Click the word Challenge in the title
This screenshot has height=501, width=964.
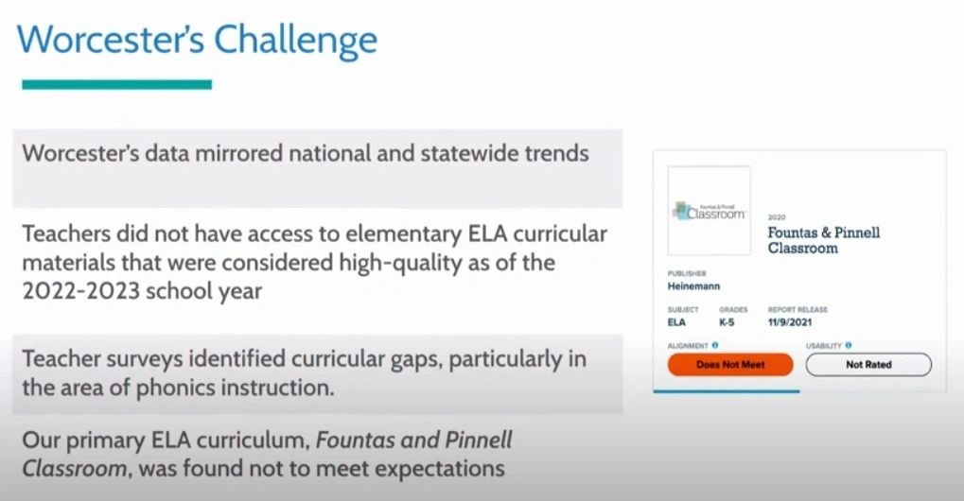tap(295, 42)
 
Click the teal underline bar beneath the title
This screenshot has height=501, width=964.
tap(116, 85)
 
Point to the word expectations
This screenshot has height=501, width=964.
tap(440, 470)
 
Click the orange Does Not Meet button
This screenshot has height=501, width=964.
tap(730, 365)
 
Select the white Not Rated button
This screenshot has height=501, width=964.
tap(868, 365)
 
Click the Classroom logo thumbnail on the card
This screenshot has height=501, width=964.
tap(710, 211)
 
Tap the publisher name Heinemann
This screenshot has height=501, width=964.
tap(693, 286)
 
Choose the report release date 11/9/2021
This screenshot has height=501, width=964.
tap(789, 322)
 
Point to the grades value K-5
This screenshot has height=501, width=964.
tap(727, 322)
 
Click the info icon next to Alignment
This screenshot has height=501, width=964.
tap(715, 346)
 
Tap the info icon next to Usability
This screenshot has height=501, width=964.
tap(849, 346)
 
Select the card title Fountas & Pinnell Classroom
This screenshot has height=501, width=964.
tap(824, 241)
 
